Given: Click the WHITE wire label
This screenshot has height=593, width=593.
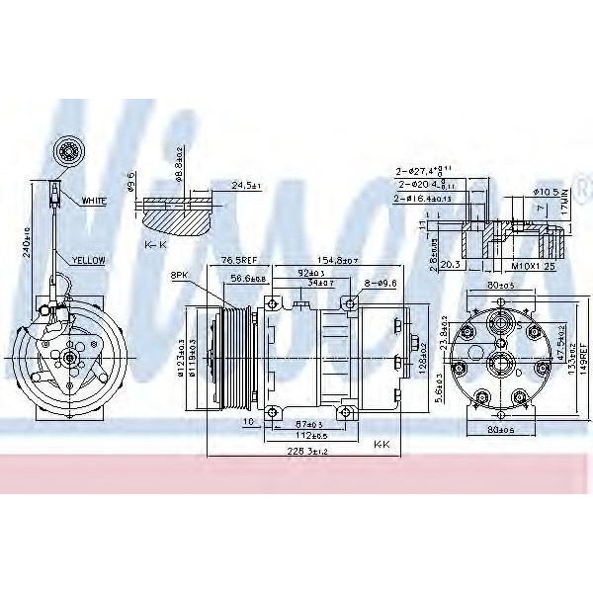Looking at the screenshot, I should point(95,202).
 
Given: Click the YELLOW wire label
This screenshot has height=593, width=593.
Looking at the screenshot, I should point(89,260).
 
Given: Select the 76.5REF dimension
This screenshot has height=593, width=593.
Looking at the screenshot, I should point(238,260).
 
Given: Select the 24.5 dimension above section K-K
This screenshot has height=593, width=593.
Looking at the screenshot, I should point(243,185).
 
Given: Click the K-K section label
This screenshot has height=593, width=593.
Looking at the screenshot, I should point(155,243).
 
